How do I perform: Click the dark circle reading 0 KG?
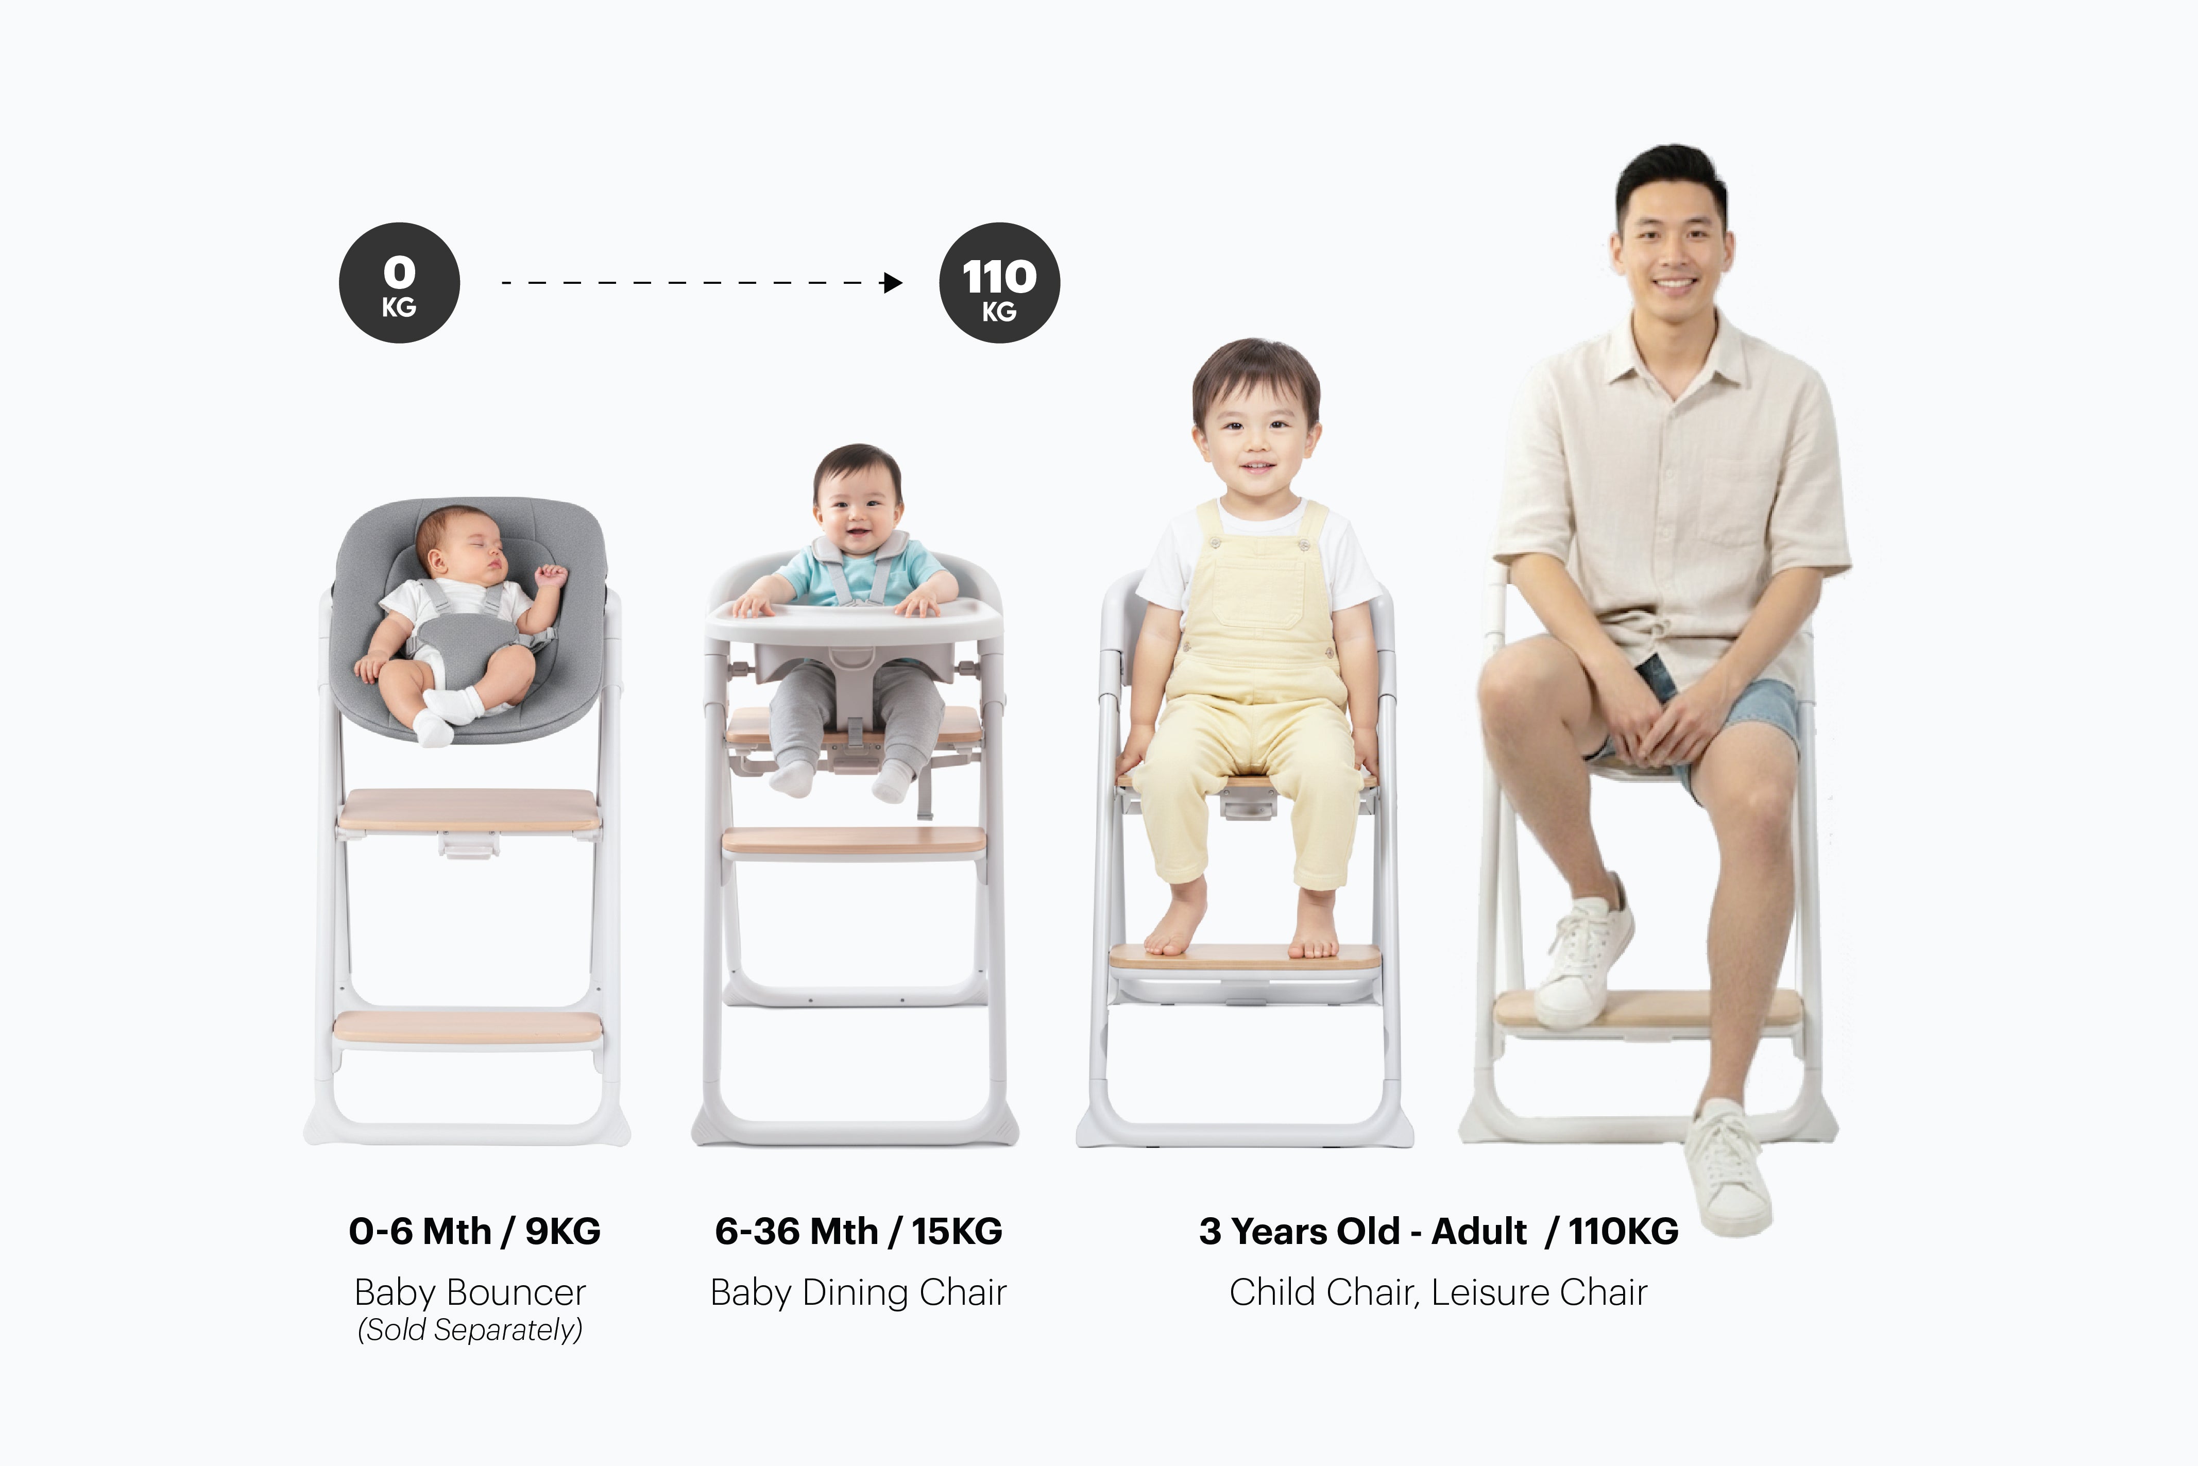(399, 282)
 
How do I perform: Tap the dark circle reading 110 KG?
(999, 282)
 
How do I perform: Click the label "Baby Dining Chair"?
(858, 1292)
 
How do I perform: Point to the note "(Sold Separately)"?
(470, 1329)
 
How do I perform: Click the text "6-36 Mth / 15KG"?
(858, 1231)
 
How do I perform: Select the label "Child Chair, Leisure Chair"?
(1438, 1292)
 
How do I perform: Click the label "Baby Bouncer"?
(470, 1292)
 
